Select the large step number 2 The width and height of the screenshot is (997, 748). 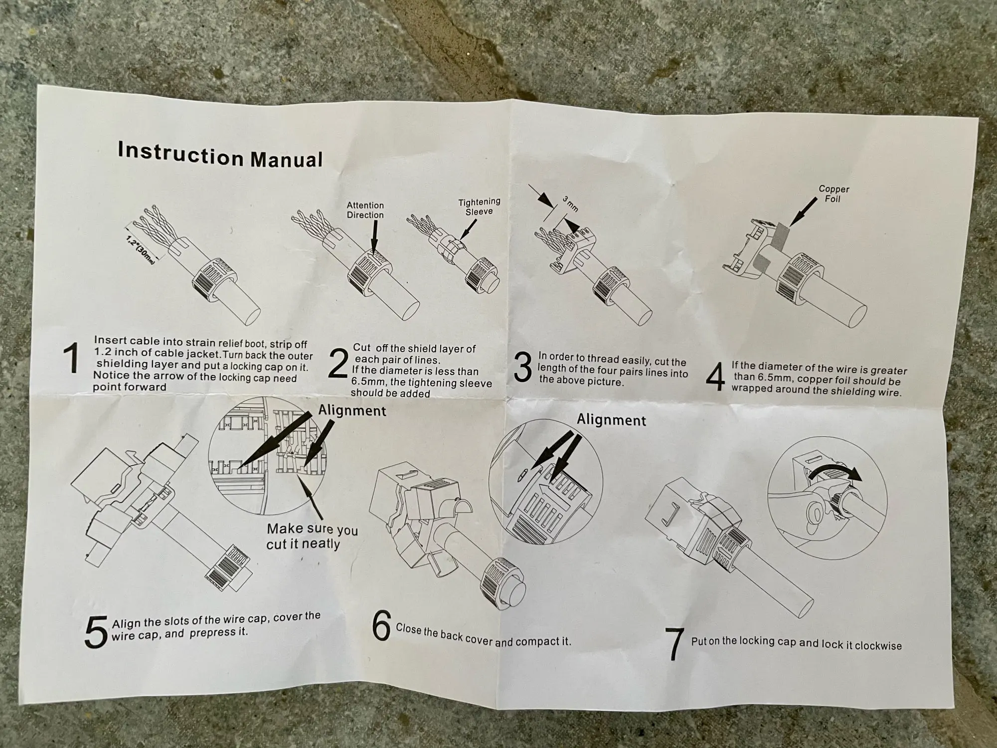pyautogui.click(x=338, y=364)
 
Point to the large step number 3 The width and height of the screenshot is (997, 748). pyautogui.click(x=522, y=368)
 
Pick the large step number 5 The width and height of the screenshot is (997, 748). pyautogui.click(x=96, y=632)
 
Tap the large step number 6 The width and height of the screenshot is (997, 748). pyautogui.click(x=381, y=626)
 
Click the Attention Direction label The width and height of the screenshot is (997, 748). pyautogui.click(x=365, y=210)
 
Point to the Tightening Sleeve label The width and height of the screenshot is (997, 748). pyautogui.click(x=480, y=206)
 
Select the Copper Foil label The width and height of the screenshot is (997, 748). pyautogui.click(x=833, y=194)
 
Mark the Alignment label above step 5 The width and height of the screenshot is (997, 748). pyautogui.click(x=352, y=410)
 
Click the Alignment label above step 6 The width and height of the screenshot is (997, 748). pyautogui.click(x=611, y=420)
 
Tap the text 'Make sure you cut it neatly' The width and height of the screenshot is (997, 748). pyautogui.click(x=312, y=536)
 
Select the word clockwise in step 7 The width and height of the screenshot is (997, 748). pyautogui.click(x=878, y=645)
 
